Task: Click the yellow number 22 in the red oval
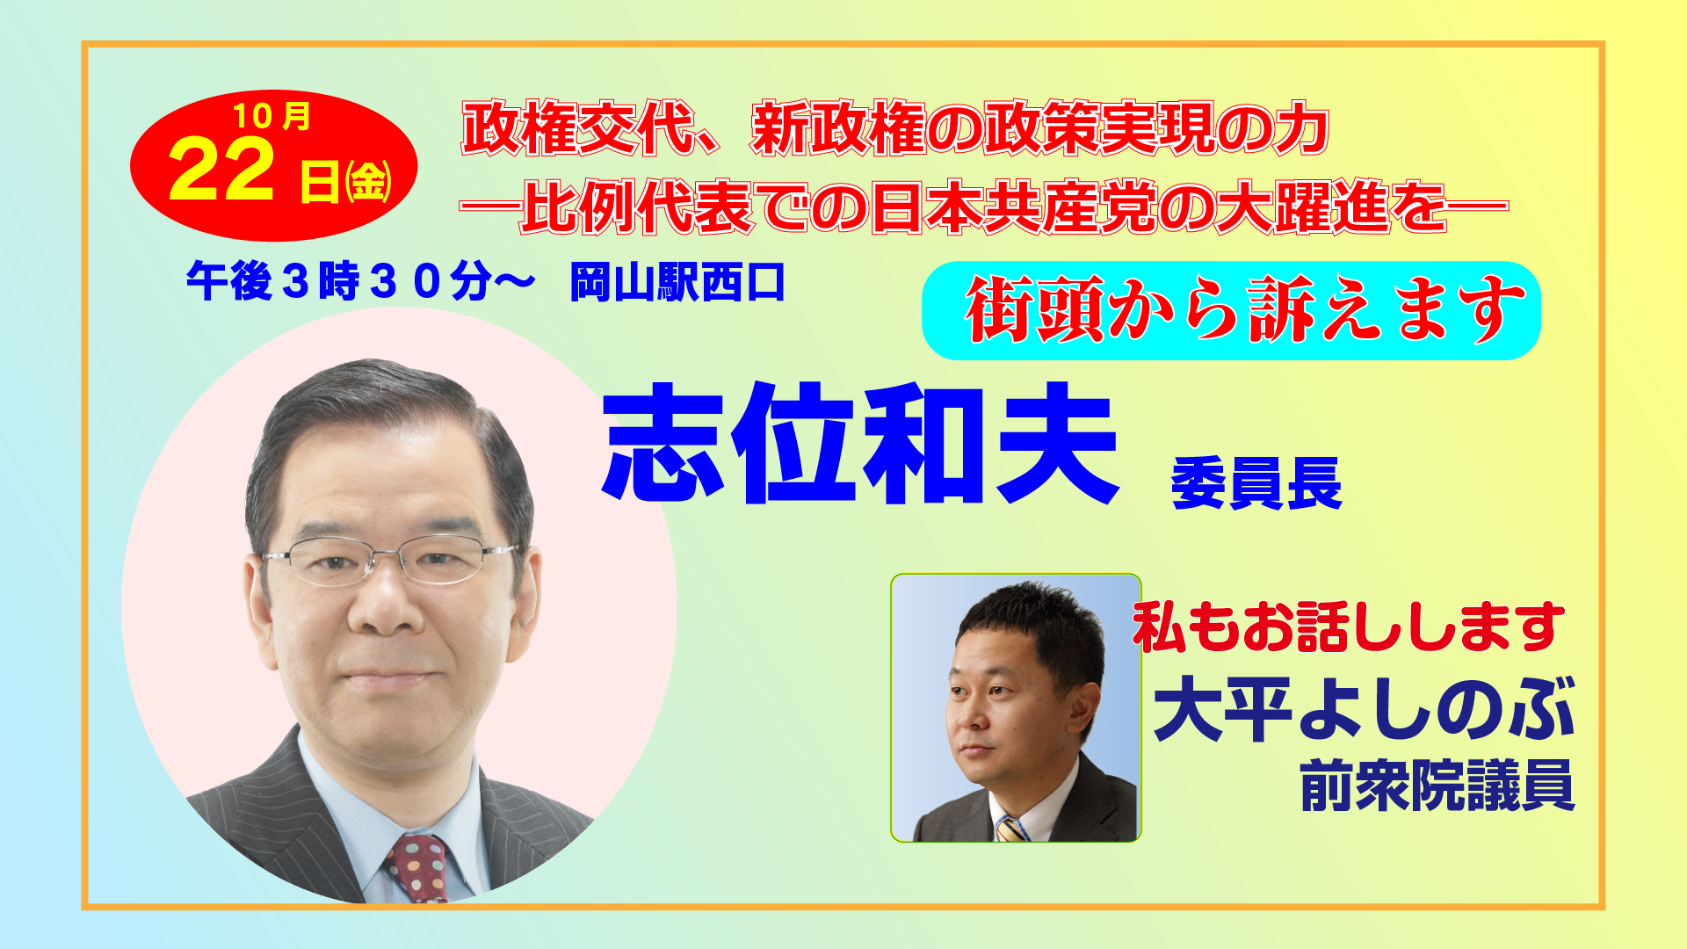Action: (221, 171)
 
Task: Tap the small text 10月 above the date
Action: (272, 116)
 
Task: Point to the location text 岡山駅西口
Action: (677, 283)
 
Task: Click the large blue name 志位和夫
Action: (860, 443)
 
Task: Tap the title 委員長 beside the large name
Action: (1256, 483)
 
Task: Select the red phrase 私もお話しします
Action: (1349, 627)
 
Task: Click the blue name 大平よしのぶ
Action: (1365, 709)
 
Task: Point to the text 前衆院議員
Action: (1437, 786)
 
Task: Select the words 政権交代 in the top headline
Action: (579, 129)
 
